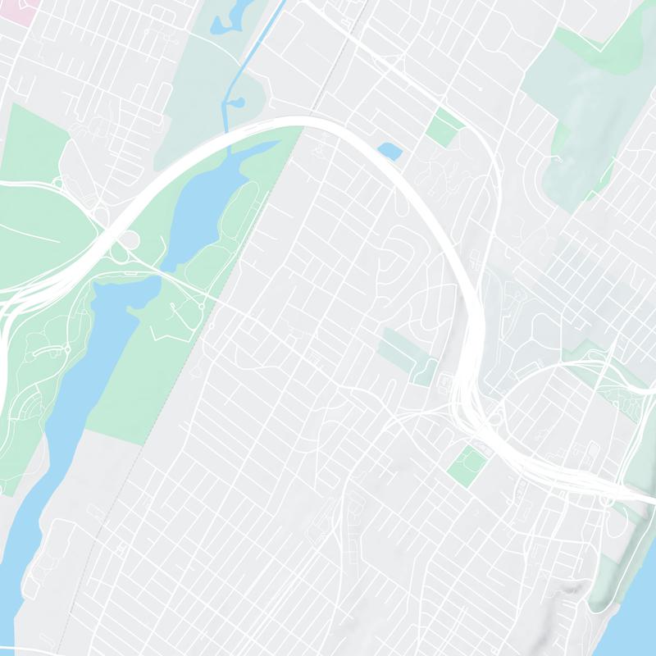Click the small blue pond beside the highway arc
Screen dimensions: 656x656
click(x=389, y=151)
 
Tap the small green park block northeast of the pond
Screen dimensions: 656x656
click(x=444, y=125)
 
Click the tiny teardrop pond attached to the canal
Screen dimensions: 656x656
click(x=237, y=104)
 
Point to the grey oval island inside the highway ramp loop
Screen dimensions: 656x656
click(x=127, y=240)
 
